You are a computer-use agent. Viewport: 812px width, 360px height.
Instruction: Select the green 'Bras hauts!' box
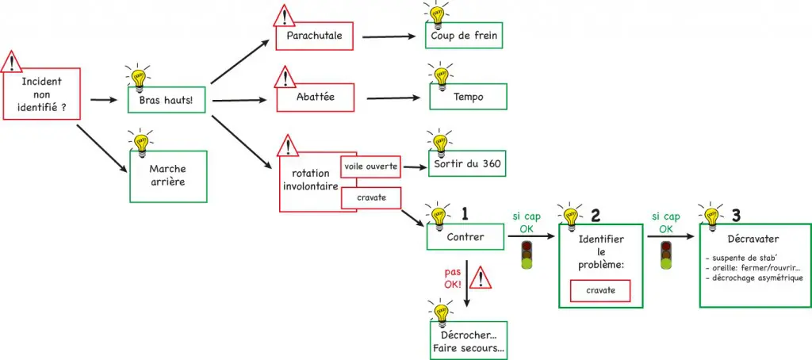[x=167, y=101]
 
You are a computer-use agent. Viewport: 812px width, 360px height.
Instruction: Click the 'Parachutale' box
[x=313, y=36]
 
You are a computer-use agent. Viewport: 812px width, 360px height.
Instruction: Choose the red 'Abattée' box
[x=313, y=98]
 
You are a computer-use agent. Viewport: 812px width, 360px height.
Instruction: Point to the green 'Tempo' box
[x=469, y=98]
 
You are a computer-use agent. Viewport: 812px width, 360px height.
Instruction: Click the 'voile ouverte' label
[x=370, y=166]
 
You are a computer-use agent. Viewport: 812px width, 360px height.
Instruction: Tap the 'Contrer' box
[x=465, y=236]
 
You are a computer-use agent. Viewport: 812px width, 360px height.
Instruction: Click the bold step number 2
[x=596, y=215]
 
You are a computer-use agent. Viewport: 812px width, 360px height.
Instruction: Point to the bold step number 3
[x=736, y=215]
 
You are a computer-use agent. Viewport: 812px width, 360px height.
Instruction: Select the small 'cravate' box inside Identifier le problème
[x=600, y=292]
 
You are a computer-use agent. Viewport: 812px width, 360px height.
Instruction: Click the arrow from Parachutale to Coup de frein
[x=385, y=36]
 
